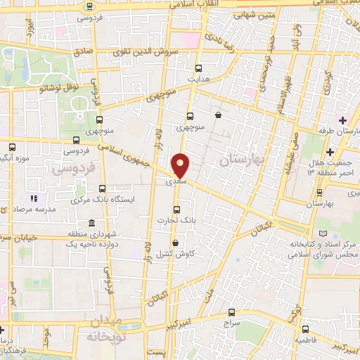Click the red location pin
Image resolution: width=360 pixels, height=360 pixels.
[x=181, y=165]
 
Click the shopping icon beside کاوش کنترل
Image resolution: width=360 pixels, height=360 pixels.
[x=174, y=243]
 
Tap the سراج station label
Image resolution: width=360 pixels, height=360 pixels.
[x=231, y=323]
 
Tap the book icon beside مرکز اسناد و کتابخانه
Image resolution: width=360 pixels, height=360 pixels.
[x=323, y=233]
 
